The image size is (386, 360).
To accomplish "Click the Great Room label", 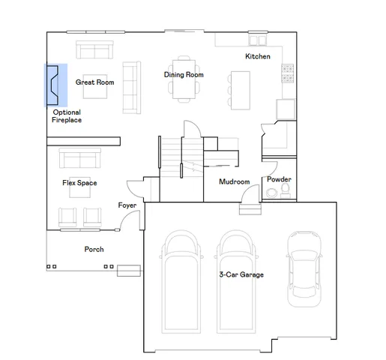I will pos(94,82).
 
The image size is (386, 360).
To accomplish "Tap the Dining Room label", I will pos(184,74).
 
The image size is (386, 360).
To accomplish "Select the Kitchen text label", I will pos(258,57).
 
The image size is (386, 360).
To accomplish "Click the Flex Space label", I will pos(79,183).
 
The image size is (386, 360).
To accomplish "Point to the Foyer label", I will pos(127,205).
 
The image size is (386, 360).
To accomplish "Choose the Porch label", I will pos(94,249).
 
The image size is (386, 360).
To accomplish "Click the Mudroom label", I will pos(234,182).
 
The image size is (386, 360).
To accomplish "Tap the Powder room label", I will pos(278,179).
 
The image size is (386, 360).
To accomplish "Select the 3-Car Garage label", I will pos(241,274).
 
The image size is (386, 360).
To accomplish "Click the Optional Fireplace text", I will pos(67,115).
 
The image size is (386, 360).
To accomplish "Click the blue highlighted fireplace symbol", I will pos(57,83).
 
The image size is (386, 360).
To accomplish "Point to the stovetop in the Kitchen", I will pos(286,73).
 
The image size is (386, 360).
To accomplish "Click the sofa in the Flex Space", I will pos(79,158).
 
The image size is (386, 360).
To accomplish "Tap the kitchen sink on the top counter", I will pos(258,40).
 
